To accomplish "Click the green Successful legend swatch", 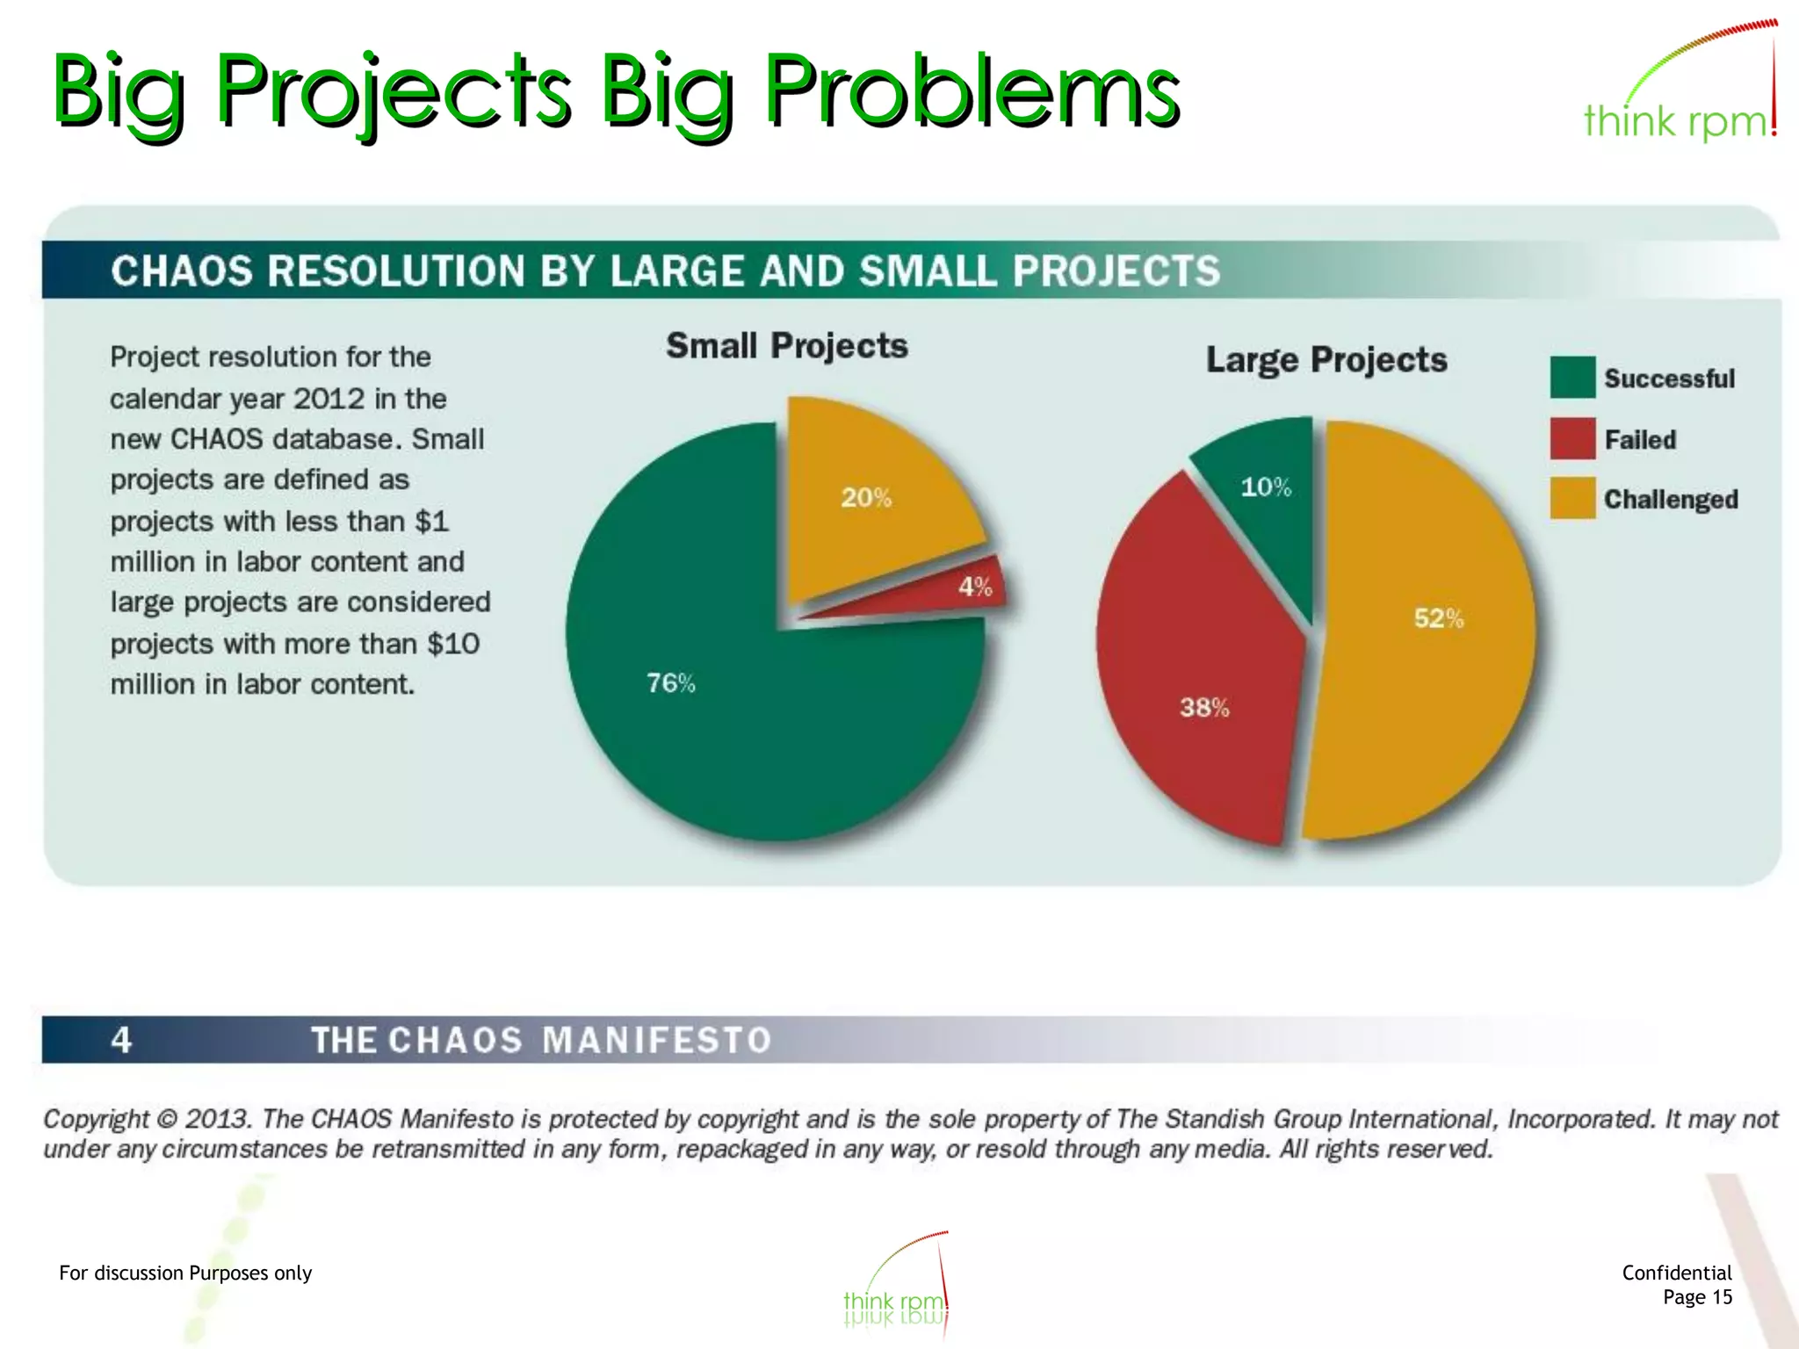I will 1572,377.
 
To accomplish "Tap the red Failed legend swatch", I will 1572,438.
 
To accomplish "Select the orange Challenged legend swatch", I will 1572,498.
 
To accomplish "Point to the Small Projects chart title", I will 786,346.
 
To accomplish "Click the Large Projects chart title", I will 1326,360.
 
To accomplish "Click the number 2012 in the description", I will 329,399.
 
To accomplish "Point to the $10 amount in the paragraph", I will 453,644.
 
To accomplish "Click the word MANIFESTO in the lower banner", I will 656,1040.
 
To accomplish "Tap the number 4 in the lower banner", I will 121,1040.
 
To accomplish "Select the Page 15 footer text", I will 1697,1297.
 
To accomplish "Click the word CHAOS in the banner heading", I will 182,271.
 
